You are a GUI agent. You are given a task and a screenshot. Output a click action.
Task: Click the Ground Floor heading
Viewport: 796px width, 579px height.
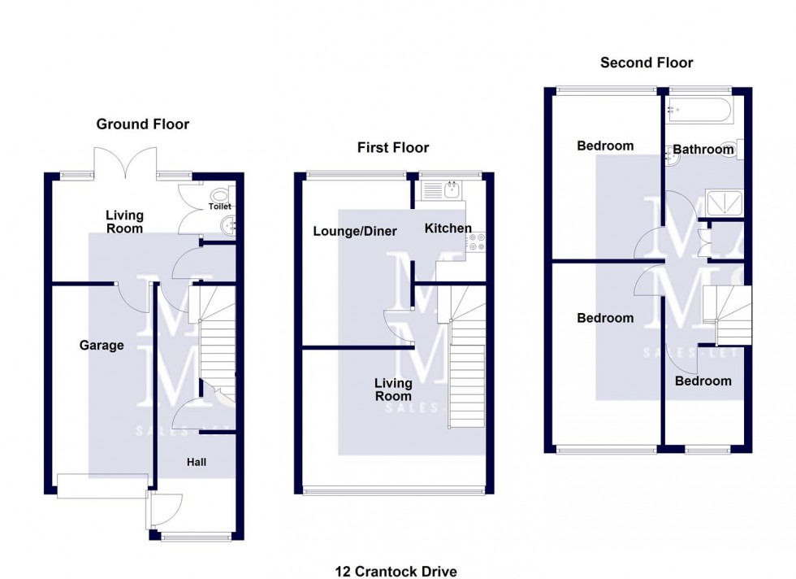(142, 124)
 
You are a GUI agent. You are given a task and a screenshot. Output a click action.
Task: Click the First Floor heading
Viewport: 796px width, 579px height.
(393, 147)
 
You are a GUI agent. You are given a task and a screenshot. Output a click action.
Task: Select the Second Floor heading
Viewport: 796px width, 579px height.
(647, 63)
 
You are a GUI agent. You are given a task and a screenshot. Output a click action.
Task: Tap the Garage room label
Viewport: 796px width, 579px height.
(102, 346)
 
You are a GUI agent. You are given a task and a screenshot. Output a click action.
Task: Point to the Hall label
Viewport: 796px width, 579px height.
(197, 462)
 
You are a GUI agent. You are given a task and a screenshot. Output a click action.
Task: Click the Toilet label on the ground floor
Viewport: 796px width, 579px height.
(220, 207)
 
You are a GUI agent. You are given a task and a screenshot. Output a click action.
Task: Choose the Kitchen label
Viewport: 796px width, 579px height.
(448, 229)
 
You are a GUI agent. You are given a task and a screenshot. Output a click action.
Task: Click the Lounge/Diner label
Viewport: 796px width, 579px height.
(355, 232)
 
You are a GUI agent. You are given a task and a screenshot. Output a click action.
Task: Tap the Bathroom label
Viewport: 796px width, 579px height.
(703, 150)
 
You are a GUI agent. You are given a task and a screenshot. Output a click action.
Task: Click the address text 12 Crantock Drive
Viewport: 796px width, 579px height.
(402, 572)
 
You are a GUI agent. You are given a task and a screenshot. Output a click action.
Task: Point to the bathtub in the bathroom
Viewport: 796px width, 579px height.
(699, 111)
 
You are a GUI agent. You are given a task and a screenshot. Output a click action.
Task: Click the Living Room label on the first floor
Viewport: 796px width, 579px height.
(393, 390)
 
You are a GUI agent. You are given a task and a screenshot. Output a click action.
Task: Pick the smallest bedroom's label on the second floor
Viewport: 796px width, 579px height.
(703, 381)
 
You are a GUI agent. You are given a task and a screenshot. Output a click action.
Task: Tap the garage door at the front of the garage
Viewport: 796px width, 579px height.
(103, 485)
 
